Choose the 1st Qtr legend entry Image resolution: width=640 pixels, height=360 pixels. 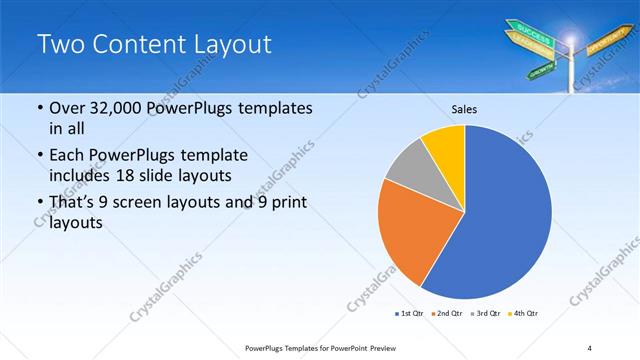point(409,314)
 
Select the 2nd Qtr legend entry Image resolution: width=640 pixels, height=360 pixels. point(446,314)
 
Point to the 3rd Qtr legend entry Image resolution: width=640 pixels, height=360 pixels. point(485,314)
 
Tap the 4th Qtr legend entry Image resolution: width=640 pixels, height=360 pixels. point(523,314)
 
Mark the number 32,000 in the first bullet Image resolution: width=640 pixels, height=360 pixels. point(121,107)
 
